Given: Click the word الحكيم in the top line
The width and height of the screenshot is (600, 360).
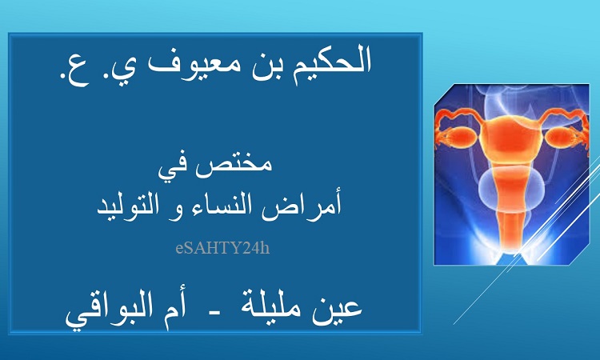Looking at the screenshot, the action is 332,62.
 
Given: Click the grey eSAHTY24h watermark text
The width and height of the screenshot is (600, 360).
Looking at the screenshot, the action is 222,248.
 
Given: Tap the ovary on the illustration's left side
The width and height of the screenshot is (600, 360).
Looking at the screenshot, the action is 460,136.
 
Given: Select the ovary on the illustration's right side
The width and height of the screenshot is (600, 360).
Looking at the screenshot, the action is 562,137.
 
